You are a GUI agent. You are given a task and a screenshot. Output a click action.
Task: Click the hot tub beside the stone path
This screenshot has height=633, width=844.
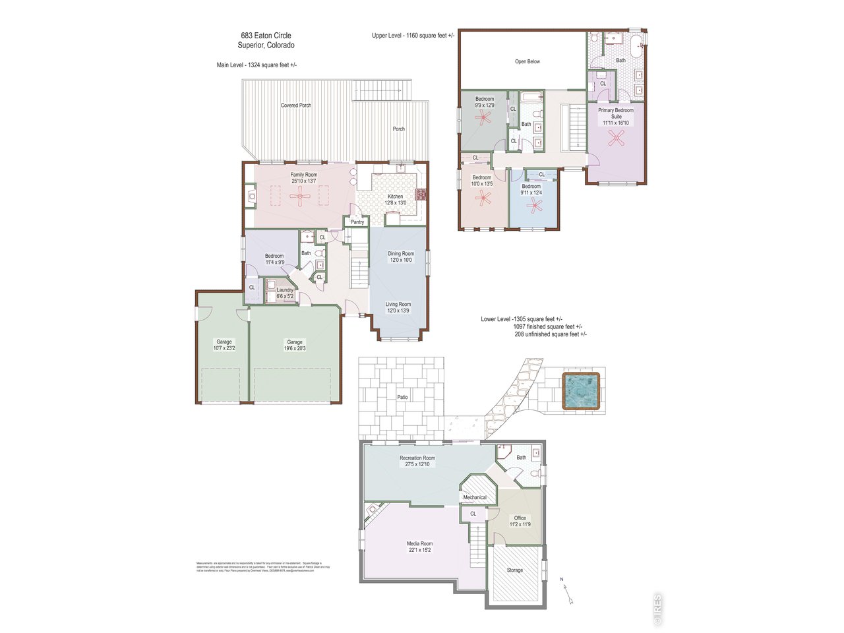point(582,392)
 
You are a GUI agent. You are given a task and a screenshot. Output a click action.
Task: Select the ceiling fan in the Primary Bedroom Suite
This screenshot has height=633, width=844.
point(617,138)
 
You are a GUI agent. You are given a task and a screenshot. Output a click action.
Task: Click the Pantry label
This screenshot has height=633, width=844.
point(357,222)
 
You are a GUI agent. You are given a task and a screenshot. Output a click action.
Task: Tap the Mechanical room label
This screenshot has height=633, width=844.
point(475,497)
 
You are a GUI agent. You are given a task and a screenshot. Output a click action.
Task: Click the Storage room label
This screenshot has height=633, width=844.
point(515,570)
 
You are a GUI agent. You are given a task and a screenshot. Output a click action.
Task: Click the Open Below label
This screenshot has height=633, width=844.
point(527,61)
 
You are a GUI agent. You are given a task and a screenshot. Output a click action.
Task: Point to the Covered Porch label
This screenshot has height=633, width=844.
point(296,105)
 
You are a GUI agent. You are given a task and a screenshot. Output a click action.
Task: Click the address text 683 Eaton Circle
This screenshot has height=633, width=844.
point(266,36)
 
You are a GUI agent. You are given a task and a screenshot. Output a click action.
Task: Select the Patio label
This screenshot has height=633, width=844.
point(402,398)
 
